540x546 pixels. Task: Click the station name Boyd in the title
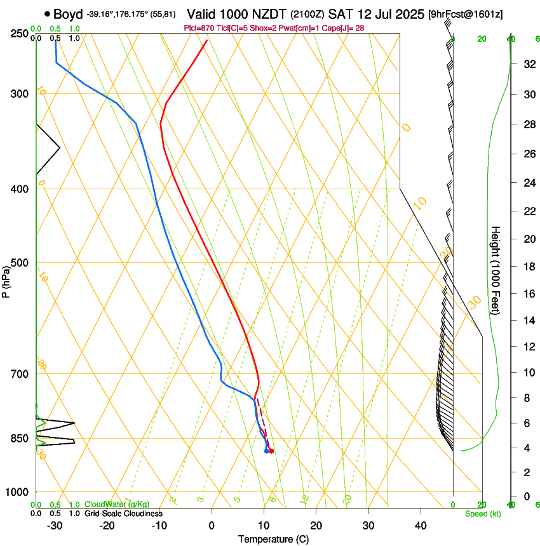(69, 14)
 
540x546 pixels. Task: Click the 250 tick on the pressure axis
(20, 34)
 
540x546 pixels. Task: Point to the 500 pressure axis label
(20, 263)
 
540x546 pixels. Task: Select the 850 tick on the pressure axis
(20, 438)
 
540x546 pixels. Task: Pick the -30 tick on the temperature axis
(55, 526)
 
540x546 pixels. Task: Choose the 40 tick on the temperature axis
(421, 526)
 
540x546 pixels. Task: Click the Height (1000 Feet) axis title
(496, 269)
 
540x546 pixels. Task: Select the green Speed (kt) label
(482, 514)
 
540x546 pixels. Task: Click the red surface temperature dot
(271, 451)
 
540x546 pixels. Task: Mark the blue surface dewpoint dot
(266, 451)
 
